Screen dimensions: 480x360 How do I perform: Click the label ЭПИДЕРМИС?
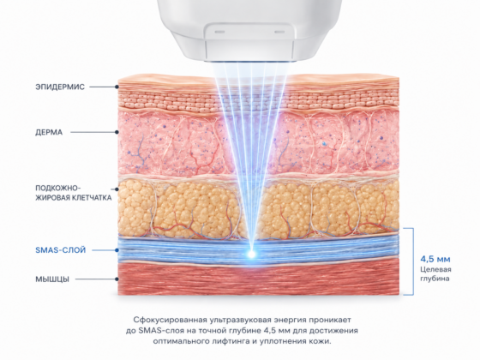coord(60,87)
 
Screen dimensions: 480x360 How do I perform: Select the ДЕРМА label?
coord(49,133)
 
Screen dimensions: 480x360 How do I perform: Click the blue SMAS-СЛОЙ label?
coord(61,250)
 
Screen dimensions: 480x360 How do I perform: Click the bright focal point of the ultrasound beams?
coord(252,254)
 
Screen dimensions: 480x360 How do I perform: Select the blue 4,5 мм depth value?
coord(435,259)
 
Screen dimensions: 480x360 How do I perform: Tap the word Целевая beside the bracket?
coord(435,270)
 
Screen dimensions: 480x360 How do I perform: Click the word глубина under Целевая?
coord(435,279)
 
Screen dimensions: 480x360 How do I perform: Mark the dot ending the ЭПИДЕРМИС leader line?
coord(117,87)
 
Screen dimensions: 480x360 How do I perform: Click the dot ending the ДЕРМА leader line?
coord(117,133)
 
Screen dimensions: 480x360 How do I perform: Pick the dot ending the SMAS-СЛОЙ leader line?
coord(117,250)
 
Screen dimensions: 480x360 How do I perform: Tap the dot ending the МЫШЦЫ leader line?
coord(117,279)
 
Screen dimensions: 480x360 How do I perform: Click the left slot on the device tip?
coord(219,32)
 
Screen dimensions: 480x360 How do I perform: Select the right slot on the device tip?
coord(279,32)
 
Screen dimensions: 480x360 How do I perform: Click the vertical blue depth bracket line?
coord(413,261)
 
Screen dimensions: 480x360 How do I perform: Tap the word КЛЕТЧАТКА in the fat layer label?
coord(92,198)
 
